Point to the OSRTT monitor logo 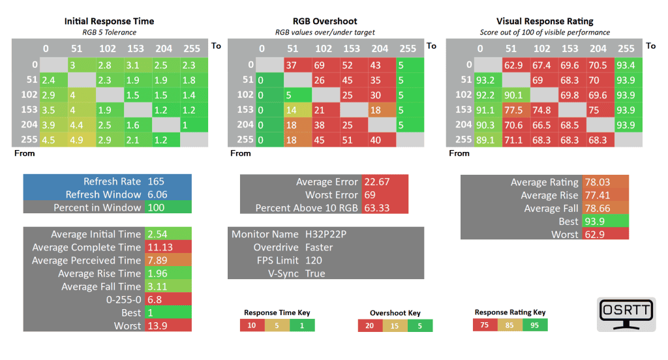pos(625,315)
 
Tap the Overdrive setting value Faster pos(319,247)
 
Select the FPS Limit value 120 pos(314,260)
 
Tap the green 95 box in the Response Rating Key pos(535,325)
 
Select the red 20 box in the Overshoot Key pos(371,325)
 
